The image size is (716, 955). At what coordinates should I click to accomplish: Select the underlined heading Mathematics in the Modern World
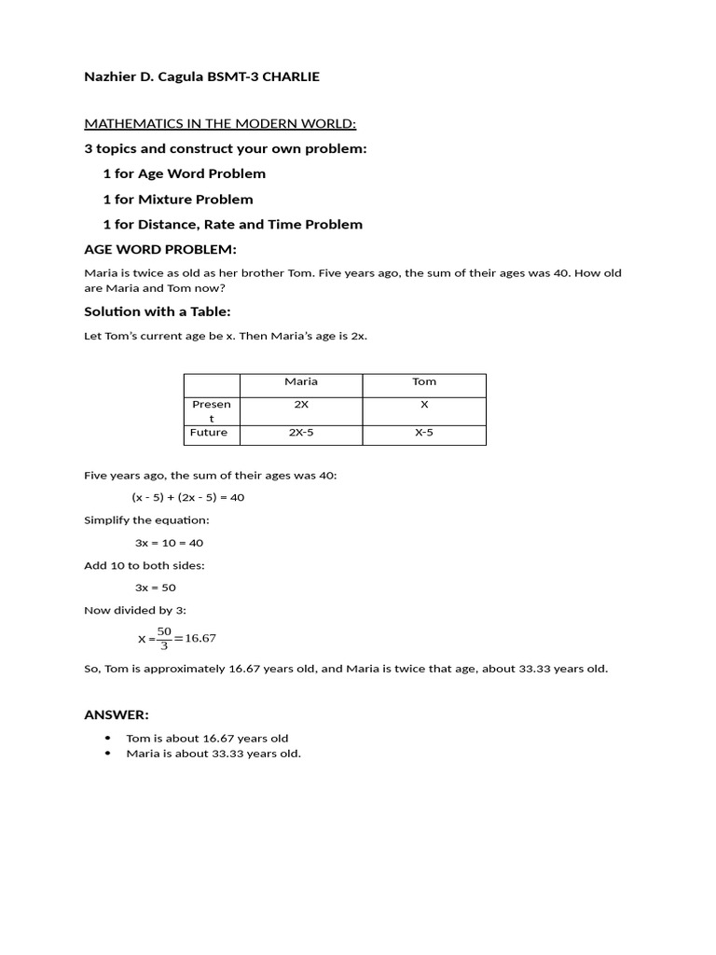(220, 124)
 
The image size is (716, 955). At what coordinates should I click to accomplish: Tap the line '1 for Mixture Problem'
(178, 199)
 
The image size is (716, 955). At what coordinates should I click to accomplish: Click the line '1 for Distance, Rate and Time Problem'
(232, 224)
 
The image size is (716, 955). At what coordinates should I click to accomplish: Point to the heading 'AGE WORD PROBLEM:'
(160, 249)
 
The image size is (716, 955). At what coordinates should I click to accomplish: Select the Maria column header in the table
(301, 381)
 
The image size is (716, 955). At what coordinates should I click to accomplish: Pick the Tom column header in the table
(424, 381)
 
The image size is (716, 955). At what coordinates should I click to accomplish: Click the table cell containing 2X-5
(301, 433)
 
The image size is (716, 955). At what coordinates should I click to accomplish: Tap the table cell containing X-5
(424, 433)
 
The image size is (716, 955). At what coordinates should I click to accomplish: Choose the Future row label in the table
(209, 433)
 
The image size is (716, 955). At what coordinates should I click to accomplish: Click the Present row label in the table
(212, 411)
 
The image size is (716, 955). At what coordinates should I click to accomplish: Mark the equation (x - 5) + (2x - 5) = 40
(187, 497)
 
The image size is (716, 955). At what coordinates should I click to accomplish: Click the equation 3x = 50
(156, 588)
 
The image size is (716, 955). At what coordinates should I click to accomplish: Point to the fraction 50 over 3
(164, 638)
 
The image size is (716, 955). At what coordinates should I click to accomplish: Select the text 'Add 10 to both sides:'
(145, 565)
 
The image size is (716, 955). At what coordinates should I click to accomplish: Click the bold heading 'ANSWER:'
(117, 714)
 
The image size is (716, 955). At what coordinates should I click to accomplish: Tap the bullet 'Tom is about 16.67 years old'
(207, 738)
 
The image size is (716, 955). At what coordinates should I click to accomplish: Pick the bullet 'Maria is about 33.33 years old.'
(213, 754)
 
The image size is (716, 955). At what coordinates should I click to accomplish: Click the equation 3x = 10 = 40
(169, 543)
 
